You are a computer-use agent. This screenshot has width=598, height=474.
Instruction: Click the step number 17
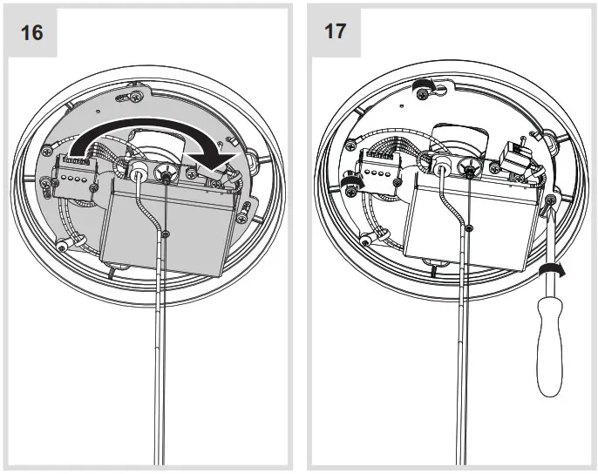point(334,31)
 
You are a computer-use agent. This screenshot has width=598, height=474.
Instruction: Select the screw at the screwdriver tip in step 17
point(550,202)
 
